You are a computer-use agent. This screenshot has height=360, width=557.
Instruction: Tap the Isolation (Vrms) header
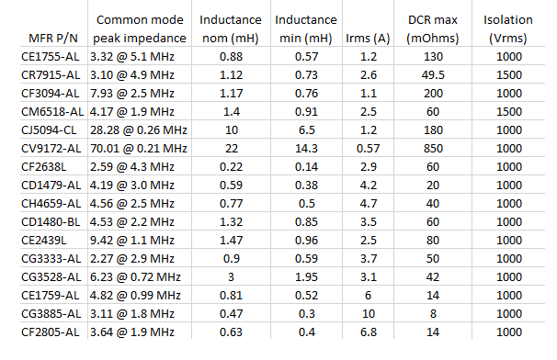click(508, 29)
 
